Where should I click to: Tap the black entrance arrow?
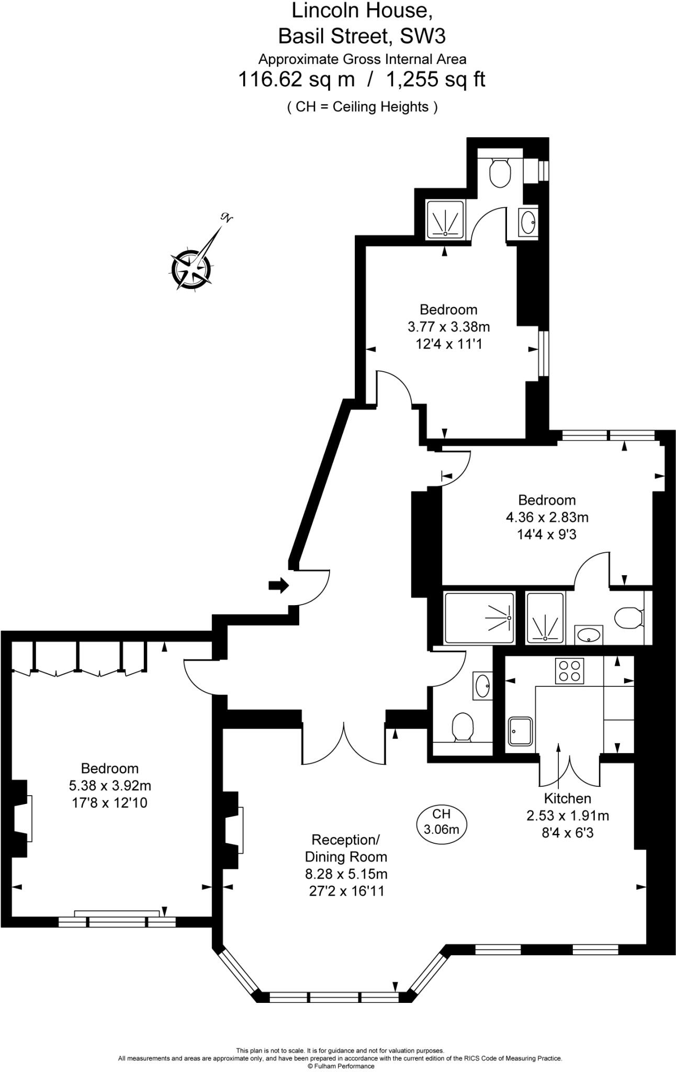(278, 585)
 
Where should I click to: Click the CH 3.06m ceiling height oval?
(442, 821)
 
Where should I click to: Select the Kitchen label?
(567, 798)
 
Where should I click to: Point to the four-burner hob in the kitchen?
(569, 671)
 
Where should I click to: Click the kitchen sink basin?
(521, 731)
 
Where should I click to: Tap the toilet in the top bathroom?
(500, 173)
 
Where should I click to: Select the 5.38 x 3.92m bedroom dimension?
(110, 785)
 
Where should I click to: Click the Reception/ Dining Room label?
(346, 848)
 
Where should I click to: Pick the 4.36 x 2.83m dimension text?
(547, 517)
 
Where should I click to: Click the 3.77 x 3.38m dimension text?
(448, 327)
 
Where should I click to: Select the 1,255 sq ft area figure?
(435, 80)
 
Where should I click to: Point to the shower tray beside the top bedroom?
(445, 220)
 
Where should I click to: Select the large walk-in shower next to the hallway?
(479, 618)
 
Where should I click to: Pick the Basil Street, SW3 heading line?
(362, 36)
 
